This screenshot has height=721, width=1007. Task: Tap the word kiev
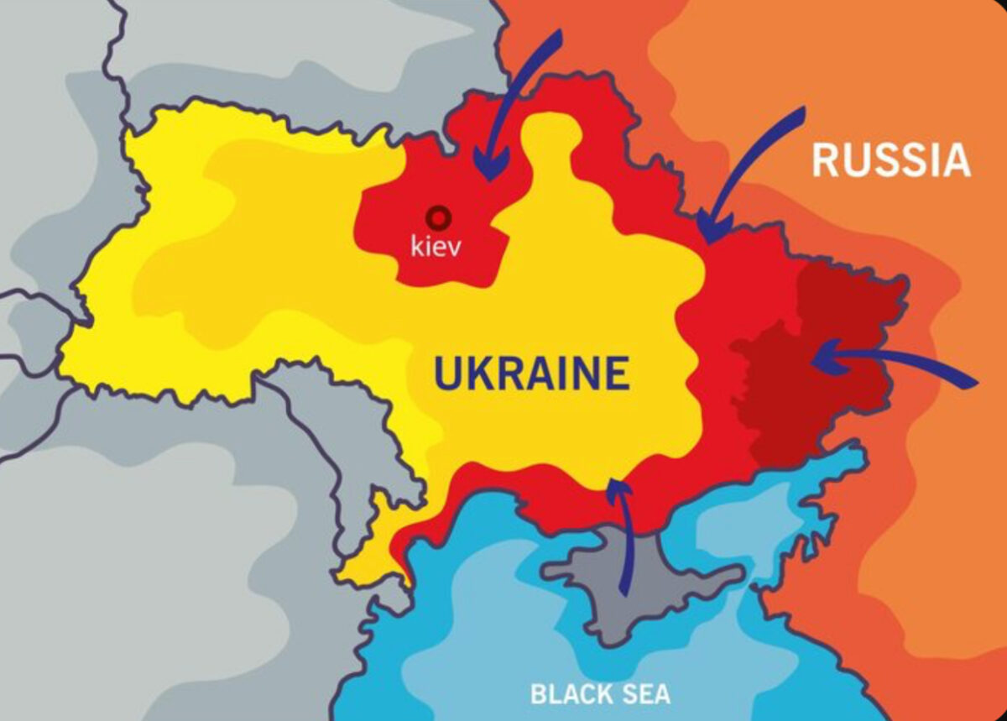pos(436,247)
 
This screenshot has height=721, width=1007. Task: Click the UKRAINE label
pos(530,374)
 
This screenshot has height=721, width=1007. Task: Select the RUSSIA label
pos(890,160)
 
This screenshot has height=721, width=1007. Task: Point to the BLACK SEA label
pos(600,694)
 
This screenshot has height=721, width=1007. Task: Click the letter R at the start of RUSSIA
pos(826,160)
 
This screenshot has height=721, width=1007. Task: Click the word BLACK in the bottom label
pos(566,694)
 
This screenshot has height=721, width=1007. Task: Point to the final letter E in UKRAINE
pos(617,374)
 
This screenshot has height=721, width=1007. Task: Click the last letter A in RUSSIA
pos(955,160)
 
